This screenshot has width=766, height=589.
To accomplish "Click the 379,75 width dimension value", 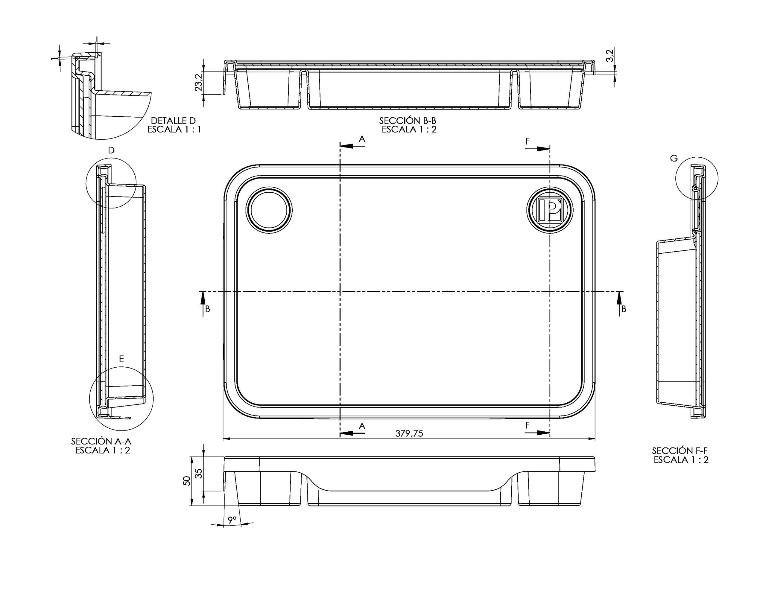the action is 409,434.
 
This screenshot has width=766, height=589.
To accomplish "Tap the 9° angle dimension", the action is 232,520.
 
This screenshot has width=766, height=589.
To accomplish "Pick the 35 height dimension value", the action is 198,474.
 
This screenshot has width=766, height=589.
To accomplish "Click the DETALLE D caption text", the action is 173,121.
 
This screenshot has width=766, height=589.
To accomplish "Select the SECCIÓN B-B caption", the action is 408,121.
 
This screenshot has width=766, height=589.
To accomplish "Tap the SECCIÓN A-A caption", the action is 101,441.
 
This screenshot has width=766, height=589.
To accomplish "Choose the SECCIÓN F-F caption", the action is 680,450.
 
